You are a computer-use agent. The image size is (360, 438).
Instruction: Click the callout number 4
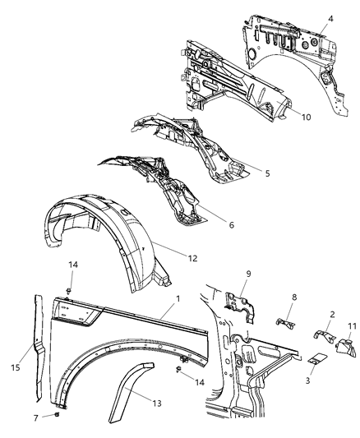(331, 17)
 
